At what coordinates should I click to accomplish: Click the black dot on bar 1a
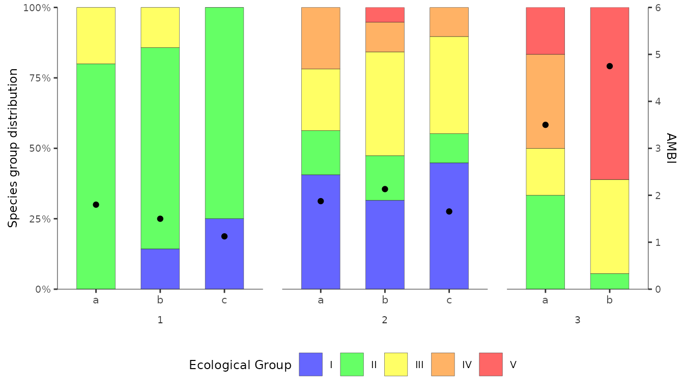[96, 205]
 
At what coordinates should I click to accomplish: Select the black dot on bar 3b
[609, 66]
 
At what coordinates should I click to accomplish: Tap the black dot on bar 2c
[449, 211]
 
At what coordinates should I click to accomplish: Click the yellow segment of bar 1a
[96, 36]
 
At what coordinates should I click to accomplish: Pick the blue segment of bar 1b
[160, 269]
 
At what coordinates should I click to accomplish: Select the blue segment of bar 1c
[224, 254]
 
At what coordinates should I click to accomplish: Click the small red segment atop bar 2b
[385, 15]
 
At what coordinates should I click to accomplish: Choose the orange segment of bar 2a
[321, 38]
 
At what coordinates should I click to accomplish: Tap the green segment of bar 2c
[449, 148]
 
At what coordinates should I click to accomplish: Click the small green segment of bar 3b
[609, 281]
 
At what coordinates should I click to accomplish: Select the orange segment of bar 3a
[545, 101]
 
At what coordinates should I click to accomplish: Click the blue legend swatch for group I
[310, 365]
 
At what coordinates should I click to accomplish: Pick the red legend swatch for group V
[491, 365]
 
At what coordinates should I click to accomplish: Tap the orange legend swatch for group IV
[443, 365]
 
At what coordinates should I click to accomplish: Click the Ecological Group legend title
[240, 365]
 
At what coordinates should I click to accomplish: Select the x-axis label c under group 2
[449, 300]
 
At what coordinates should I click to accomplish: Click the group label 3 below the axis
[577, 320]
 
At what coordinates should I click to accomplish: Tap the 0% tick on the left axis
[42, 289]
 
